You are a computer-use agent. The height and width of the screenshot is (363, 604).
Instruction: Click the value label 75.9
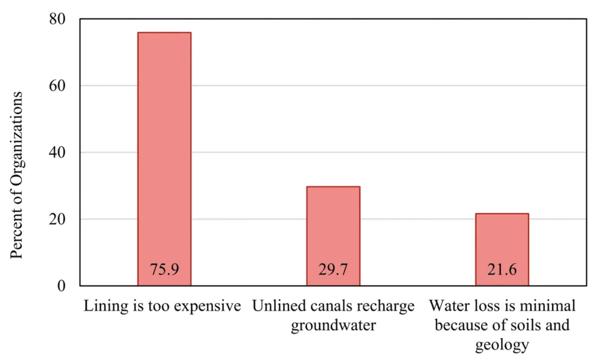pos(164,270)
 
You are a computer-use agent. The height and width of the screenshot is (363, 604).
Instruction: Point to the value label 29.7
pos(333,270)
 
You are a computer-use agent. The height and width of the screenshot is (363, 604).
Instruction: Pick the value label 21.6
pos(503,270)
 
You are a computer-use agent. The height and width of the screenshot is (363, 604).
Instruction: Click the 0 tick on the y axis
pos(60,286)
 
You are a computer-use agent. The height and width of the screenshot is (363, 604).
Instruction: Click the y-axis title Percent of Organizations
pos(17,175)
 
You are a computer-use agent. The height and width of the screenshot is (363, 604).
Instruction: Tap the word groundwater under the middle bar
pos(333,326)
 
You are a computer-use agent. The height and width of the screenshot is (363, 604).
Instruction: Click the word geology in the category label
pos(503,345)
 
